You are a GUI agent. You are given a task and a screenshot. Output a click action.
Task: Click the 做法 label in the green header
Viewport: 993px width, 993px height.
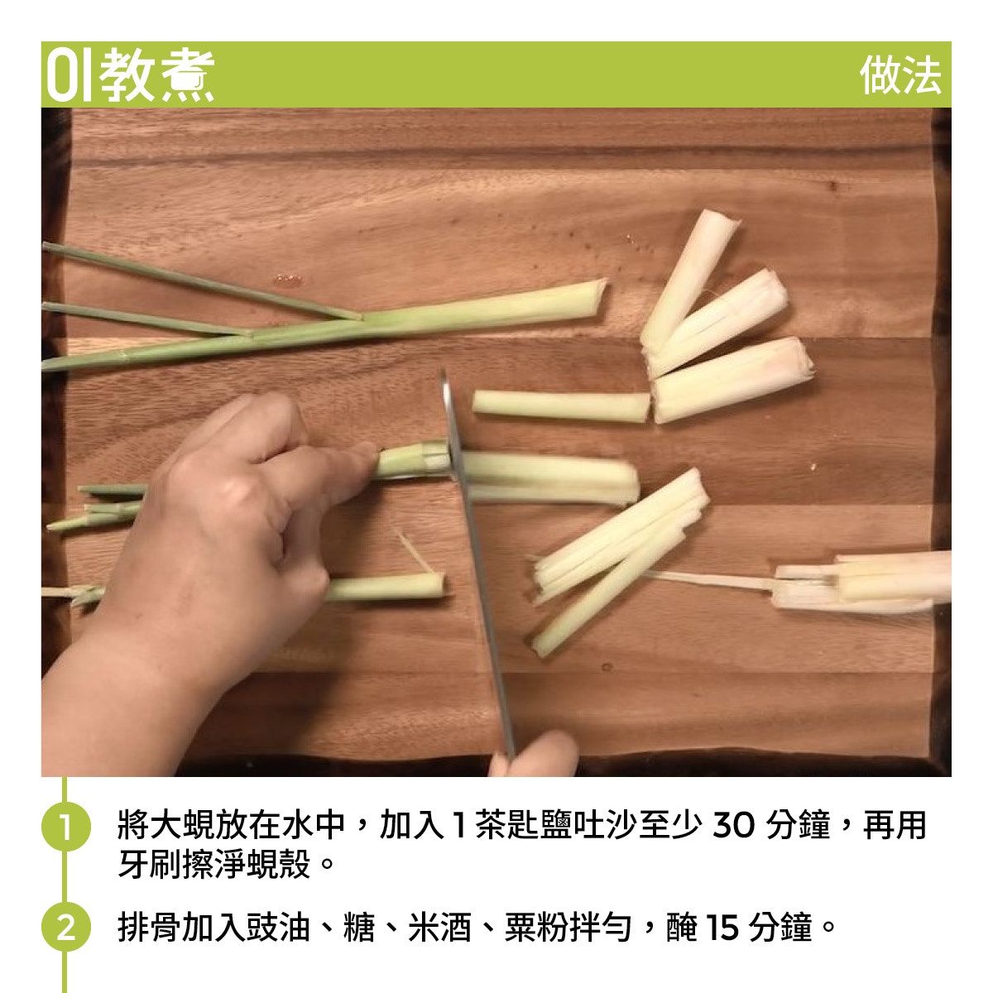coord(899,75)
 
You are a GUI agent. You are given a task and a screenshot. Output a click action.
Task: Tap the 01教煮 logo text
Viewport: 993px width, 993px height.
coord(131,75)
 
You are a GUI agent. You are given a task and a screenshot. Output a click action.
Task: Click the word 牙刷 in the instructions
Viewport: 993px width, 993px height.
coord(150,864)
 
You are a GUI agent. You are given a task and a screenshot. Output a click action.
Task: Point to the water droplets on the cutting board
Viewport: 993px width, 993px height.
coord(289,280)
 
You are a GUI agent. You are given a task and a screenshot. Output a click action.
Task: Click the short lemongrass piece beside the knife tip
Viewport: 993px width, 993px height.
coord(561,406)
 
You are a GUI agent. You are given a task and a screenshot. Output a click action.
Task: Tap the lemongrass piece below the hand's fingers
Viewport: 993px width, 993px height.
coord(386,588)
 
